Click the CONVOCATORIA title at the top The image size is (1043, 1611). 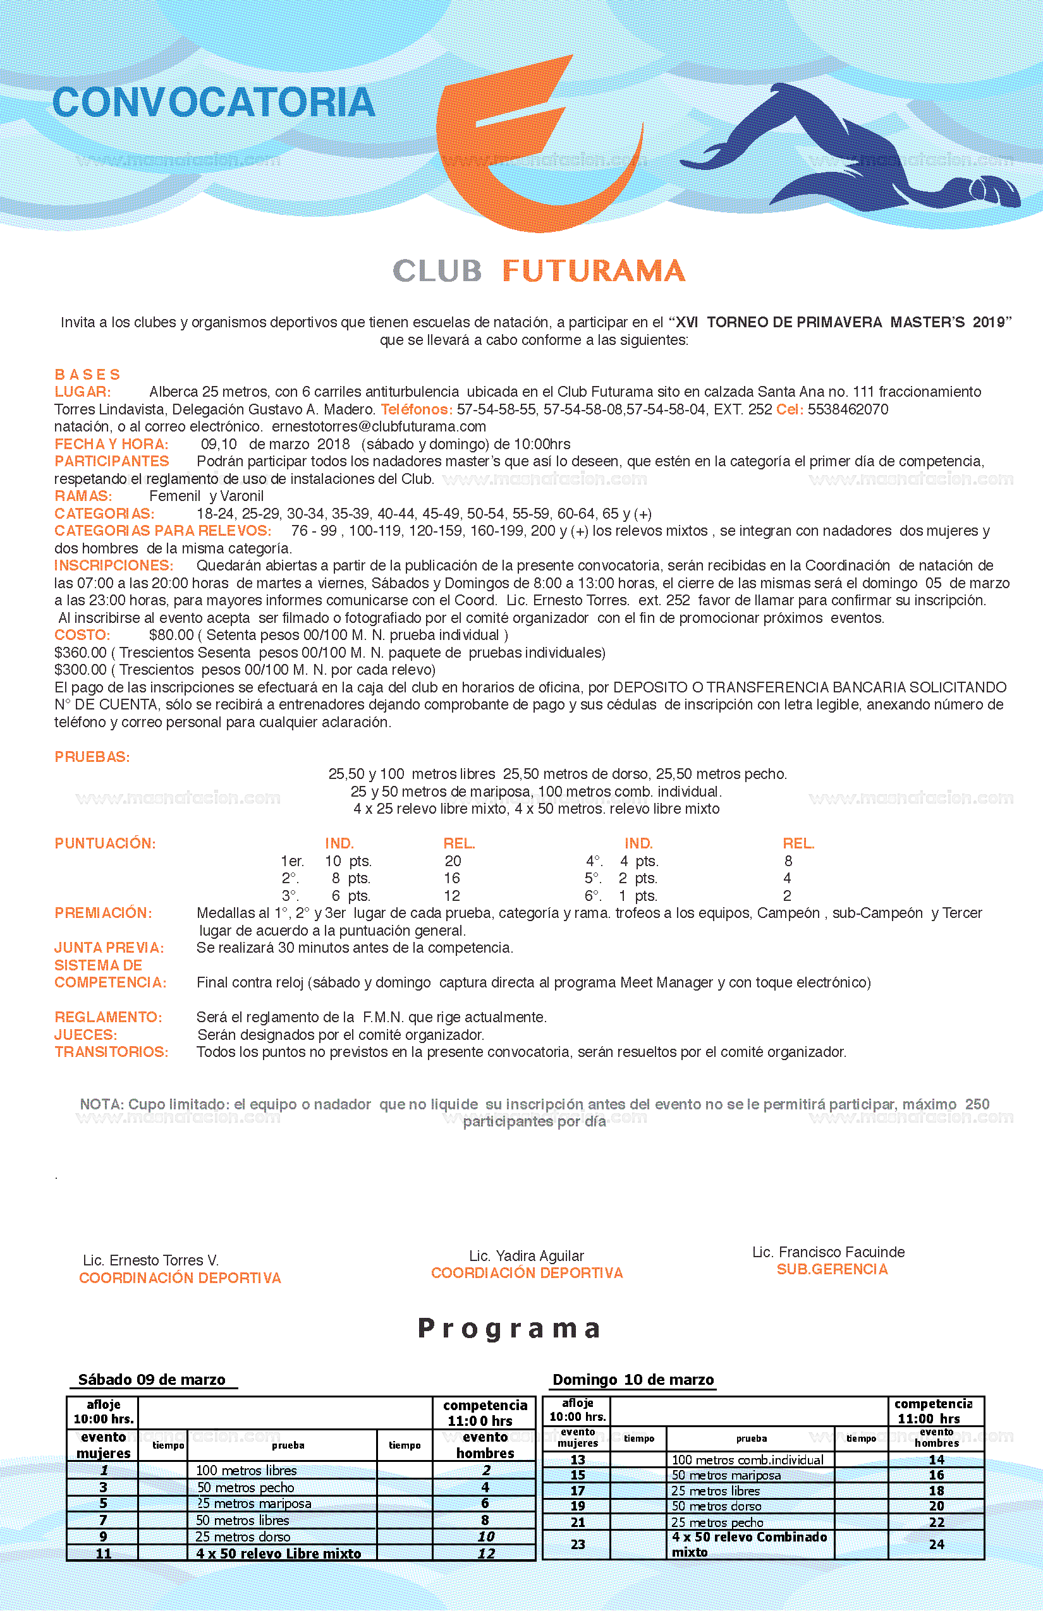click(214, 103)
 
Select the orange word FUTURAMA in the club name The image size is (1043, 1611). click(594, 271)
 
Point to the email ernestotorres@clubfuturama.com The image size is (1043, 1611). click(379, 426)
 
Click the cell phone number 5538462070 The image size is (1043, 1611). click(848, 409)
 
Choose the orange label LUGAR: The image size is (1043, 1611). click(83, 392)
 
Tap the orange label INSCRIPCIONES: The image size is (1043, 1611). click(114, 565)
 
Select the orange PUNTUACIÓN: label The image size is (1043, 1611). click(105, 843)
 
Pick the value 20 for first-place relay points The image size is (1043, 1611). click(453, 861)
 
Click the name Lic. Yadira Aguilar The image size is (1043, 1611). click(526, 1257)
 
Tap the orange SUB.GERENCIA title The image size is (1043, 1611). click(832, 1269)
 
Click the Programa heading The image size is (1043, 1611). click(509, 1329)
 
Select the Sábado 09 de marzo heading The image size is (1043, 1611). click(152, 1380)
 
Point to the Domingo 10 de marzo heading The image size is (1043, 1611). click(633, 1380)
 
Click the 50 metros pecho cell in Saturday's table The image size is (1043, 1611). click(245, 1487)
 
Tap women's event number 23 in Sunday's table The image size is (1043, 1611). click(577, 1544)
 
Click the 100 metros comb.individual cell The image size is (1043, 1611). click(748, 1460)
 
